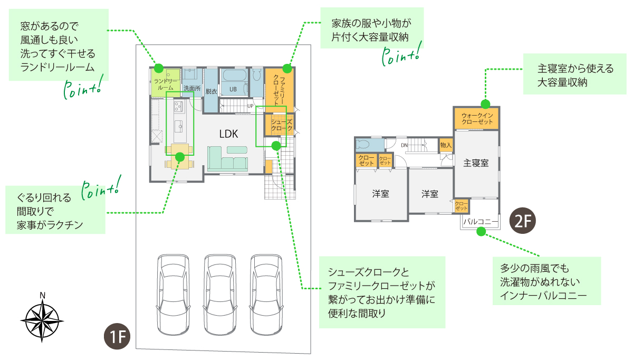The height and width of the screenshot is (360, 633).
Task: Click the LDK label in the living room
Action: pos(229,134)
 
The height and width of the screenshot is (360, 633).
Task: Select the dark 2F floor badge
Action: pos(522,222)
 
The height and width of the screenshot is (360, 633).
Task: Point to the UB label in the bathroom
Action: pos(233,90)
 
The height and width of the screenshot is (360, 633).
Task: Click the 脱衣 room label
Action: pos(211,91)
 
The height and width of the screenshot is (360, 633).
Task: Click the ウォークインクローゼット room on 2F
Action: pos(476,118)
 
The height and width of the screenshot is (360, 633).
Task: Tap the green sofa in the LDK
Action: pos(228,160)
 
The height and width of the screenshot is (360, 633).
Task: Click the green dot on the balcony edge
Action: pos(481,231)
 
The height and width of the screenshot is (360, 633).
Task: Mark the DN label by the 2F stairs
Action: pos(404,145)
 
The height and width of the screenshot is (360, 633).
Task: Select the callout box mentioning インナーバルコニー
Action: pos(546,281)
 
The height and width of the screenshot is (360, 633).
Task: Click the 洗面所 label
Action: pos(192,89)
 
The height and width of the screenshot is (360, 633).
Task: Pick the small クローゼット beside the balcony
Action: pos(462,206)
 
